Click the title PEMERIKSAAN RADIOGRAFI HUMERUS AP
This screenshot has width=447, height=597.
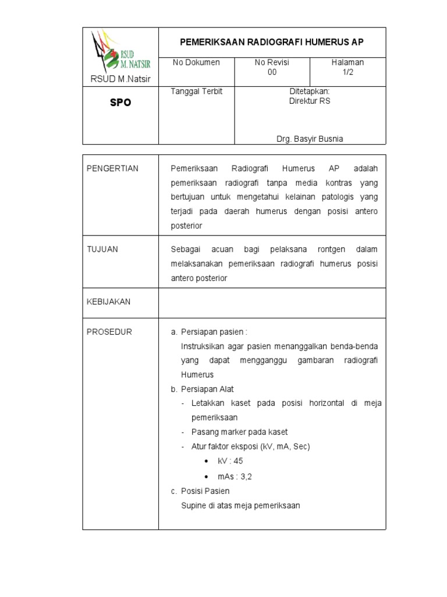(272, 42)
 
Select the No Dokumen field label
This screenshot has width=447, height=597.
(196, 62)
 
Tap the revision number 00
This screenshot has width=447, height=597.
(272, 72)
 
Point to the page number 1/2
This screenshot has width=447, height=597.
(347, 72)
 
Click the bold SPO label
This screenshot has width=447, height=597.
(121, 102)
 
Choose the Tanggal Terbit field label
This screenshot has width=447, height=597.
(197, 92)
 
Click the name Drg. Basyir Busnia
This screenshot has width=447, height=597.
(309, 139)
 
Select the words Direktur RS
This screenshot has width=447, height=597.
(309, 101)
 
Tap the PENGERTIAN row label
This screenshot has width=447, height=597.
(112, 168)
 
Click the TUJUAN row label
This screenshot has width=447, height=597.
(102, 249)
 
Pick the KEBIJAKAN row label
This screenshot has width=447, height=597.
(108, 301)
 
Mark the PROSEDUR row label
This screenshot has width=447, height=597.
(109, 332)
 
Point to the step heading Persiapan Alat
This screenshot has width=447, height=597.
(207, 389)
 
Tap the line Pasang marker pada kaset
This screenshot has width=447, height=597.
(239, 432)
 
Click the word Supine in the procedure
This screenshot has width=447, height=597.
(193, 505)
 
